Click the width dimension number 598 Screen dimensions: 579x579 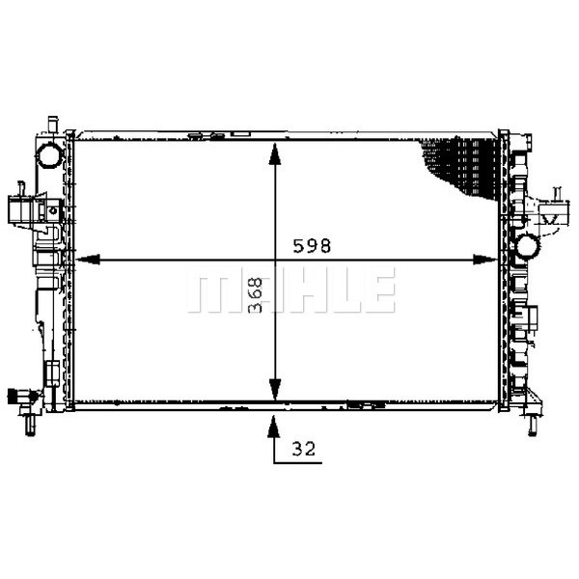pyautogui.click(x=312, y=246)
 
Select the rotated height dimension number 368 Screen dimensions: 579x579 pyautogui.click(x=255, y=295)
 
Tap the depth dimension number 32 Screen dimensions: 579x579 pyautogui.click(x=304, y=449)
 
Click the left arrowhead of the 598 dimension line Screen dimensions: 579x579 pyautogui.click(x=88, y=260)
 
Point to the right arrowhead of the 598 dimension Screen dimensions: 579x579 pyautogui.click(x=485, y=260)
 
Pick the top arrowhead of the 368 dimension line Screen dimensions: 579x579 pyautogui.click(x=274, y=154)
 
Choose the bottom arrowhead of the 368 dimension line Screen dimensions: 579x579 pyautogui.click(x=274, y=390)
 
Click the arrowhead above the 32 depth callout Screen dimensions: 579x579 pyautogui.click(x=273, y=427)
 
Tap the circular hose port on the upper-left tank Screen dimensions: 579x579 pyautogui.click(x=50, y=155)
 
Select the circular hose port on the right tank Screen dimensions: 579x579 pyautogui.click(x=527, y=246)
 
